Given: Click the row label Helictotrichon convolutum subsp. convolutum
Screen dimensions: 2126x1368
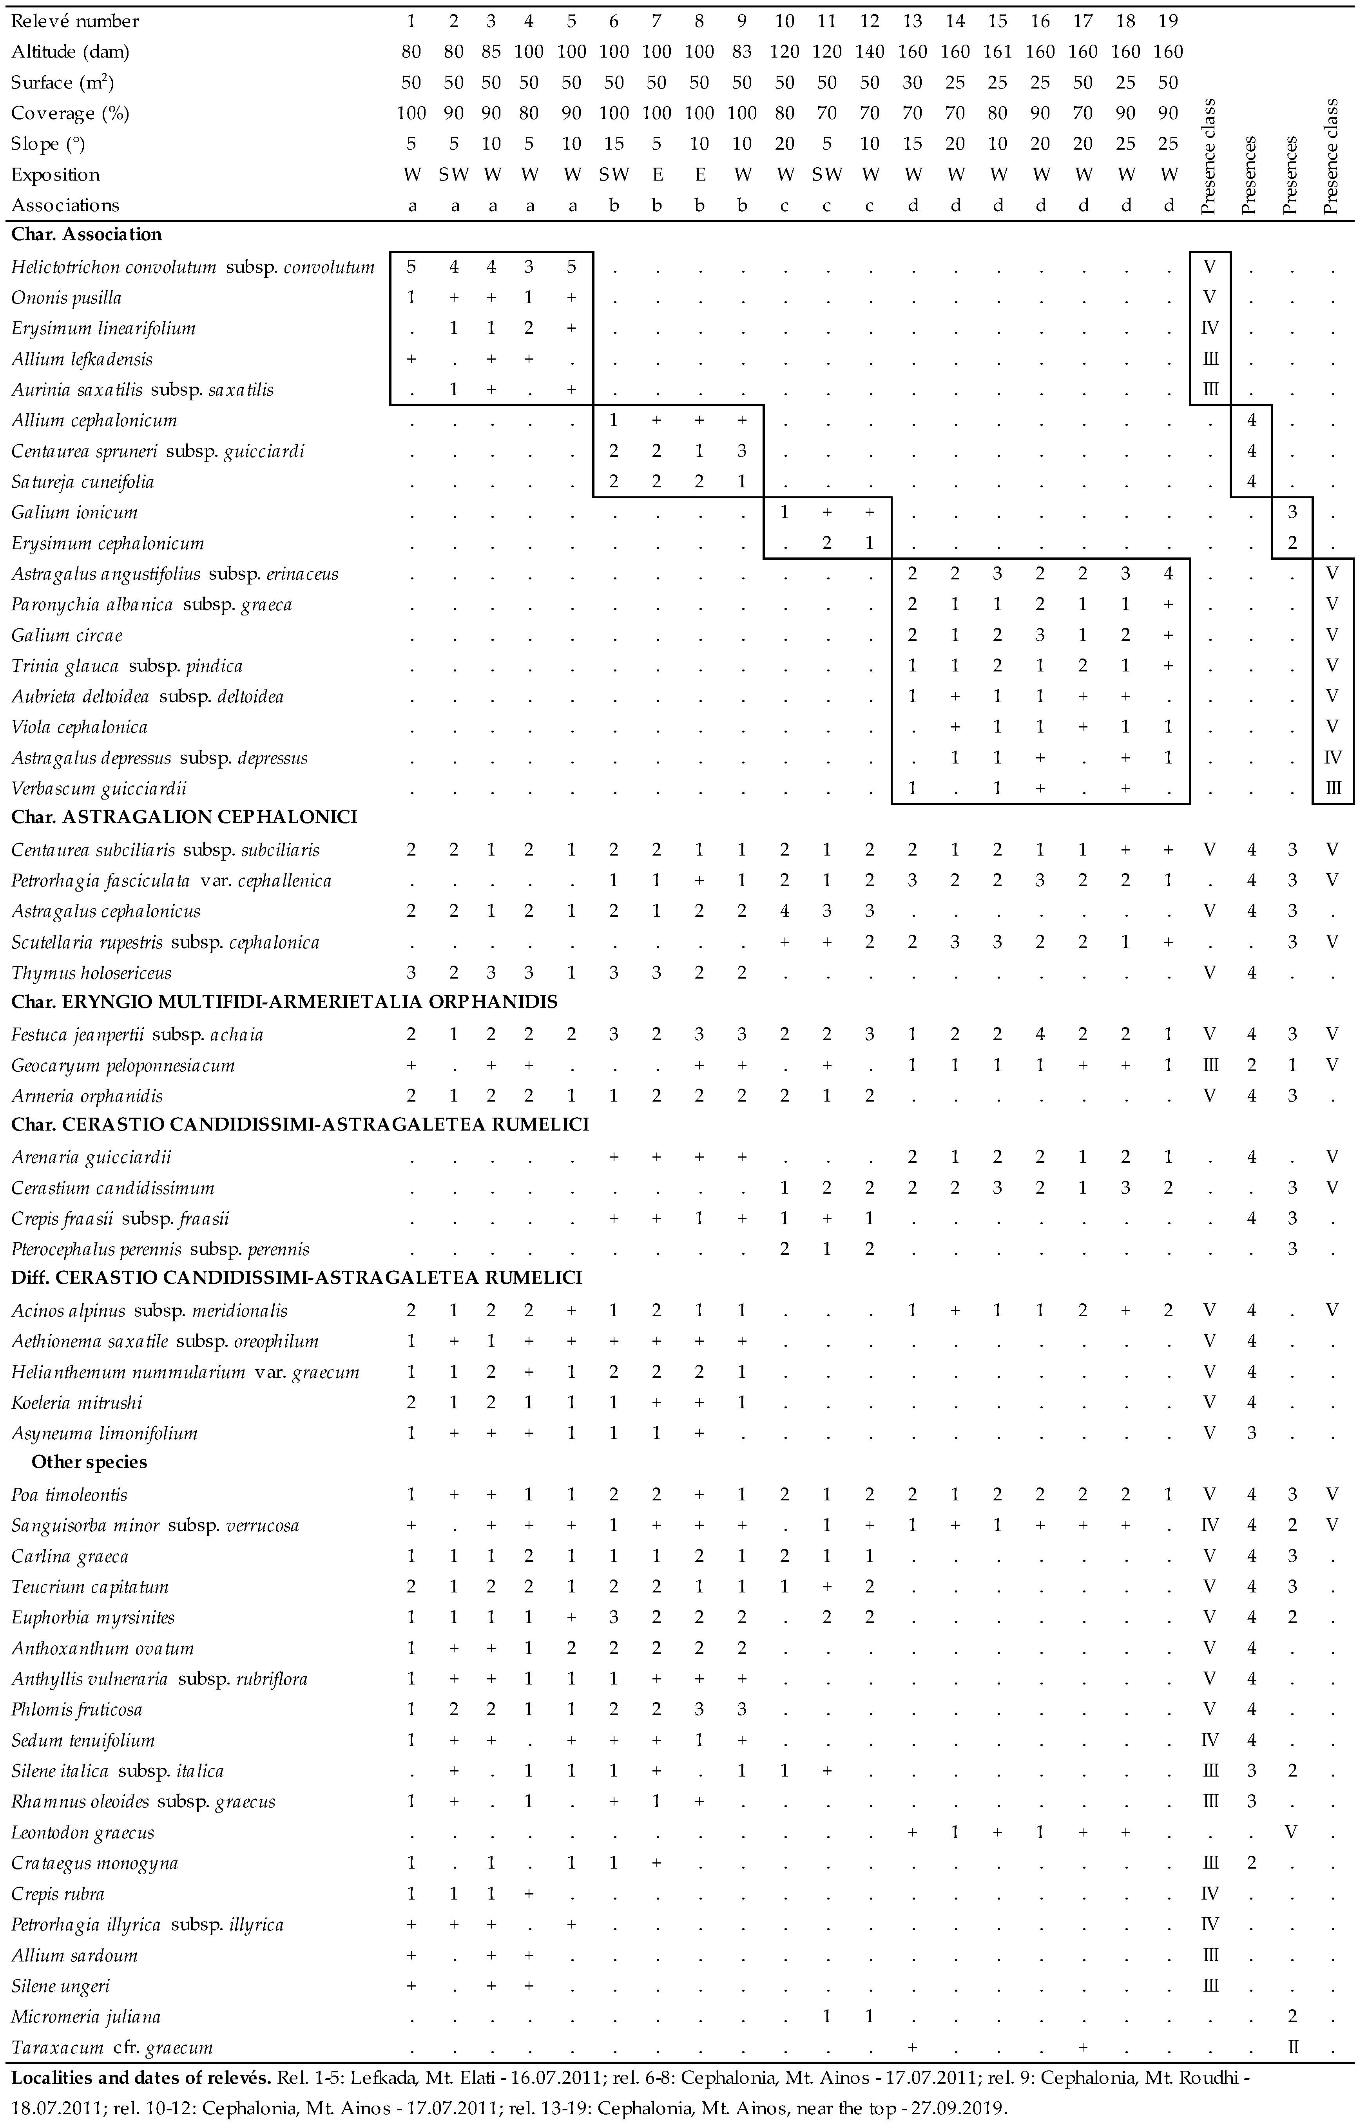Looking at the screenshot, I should coord(193,267).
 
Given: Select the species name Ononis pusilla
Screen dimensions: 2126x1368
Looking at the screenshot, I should coord(67,297).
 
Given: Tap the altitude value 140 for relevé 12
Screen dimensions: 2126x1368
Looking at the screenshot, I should coord(870,51).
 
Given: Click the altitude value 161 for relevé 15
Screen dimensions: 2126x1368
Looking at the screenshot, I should coord(998,51).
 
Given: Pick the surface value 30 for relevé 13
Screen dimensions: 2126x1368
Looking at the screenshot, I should coord(912,83).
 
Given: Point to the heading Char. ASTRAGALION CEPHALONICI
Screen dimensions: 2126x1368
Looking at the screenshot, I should coord(184,817).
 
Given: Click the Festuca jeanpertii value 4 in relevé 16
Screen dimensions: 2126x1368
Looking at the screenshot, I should coord(1040,1034).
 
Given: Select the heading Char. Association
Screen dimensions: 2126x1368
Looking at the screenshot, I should coord(86,234).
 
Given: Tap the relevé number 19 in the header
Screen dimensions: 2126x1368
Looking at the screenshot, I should coord(1168,20).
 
